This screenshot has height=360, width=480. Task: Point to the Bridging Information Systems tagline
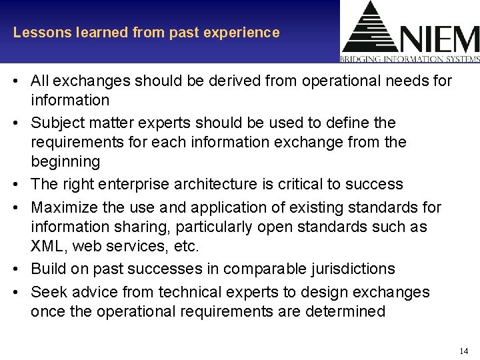tap(409, 59)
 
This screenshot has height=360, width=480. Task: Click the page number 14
tap(463, 351)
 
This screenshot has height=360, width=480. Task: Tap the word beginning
tap(65, 161)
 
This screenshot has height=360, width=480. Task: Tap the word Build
tap(48, 269)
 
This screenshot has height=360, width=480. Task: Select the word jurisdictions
tap(354, 269)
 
